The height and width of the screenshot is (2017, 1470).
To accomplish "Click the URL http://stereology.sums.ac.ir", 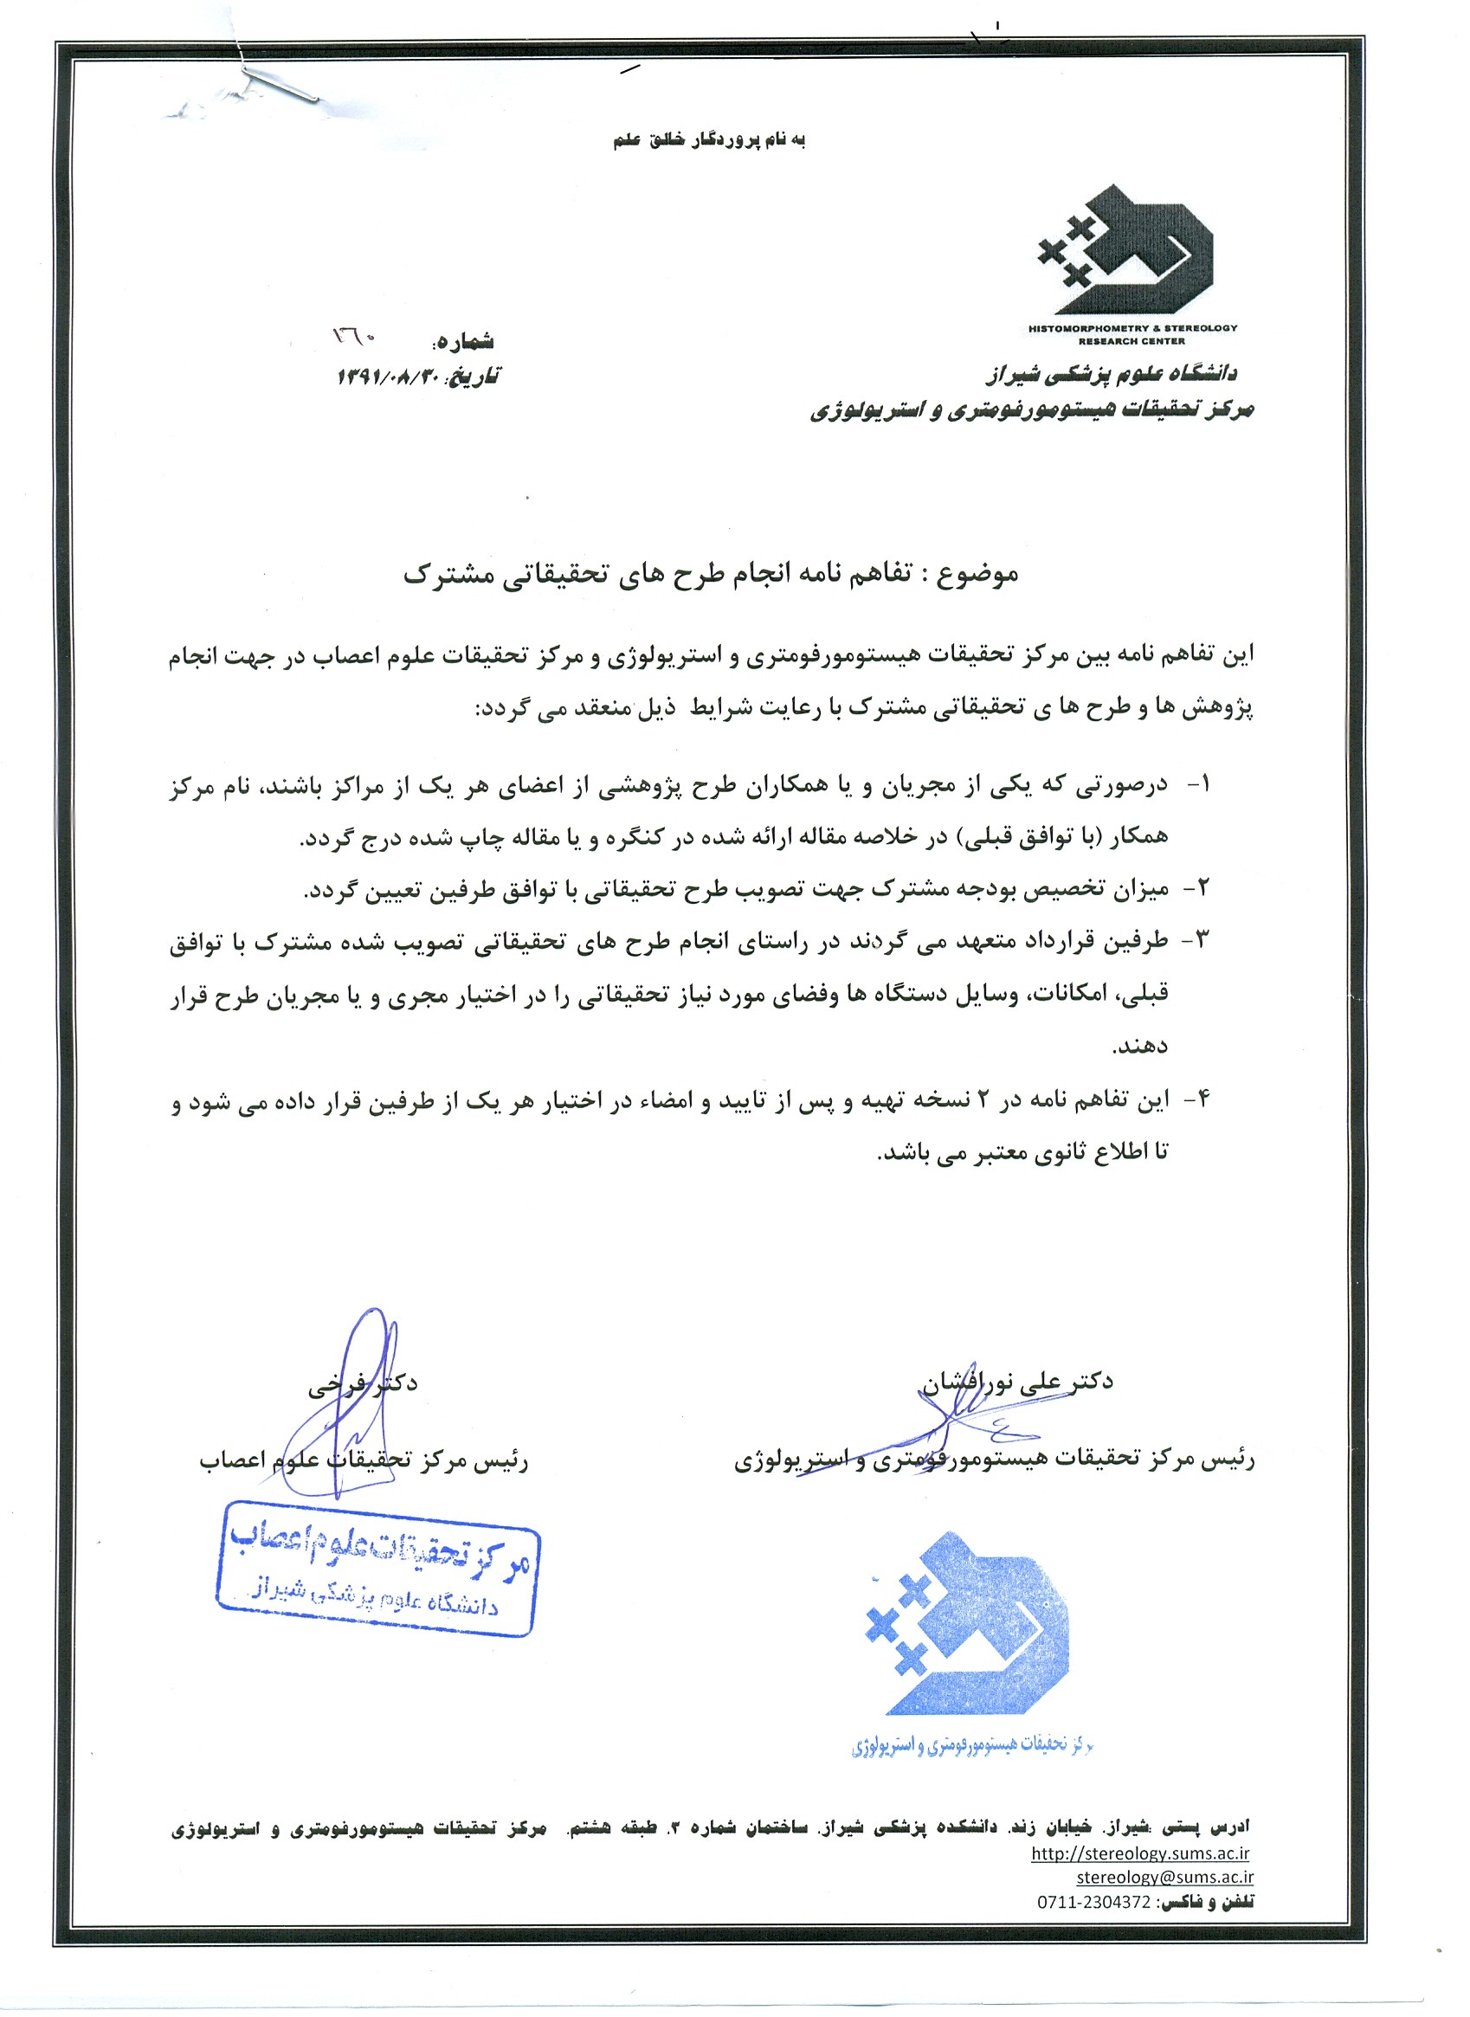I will point(1140,1854).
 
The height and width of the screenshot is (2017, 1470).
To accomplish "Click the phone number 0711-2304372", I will point(1093,1902).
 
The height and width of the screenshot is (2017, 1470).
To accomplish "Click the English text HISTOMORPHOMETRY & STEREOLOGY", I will point(1132,327).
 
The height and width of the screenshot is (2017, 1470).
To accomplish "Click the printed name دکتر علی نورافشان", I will point(1016,1382).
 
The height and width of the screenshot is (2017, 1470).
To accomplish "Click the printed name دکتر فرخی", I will point(363,1383).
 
